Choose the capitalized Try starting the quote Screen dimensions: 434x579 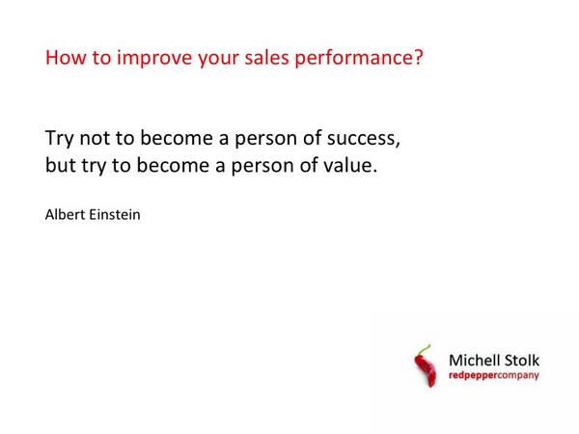(61, 139)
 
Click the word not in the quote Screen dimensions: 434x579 (102, 138)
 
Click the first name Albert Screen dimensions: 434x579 (66, 214)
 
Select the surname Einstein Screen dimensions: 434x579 (116, 214)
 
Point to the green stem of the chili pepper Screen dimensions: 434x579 (422, 349)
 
